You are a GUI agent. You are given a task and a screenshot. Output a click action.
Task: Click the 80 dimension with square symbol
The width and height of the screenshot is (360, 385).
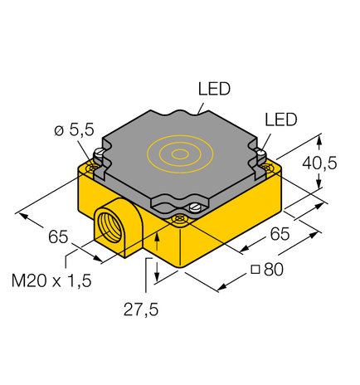[267, 270]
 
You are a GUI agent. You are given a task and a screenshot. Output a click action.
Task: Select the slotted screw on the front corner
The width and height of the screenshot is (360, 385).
[196, 208]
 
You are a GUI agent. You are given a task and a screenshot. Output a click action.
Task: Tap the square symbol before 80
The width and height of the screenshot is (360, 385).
[255, 270]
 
